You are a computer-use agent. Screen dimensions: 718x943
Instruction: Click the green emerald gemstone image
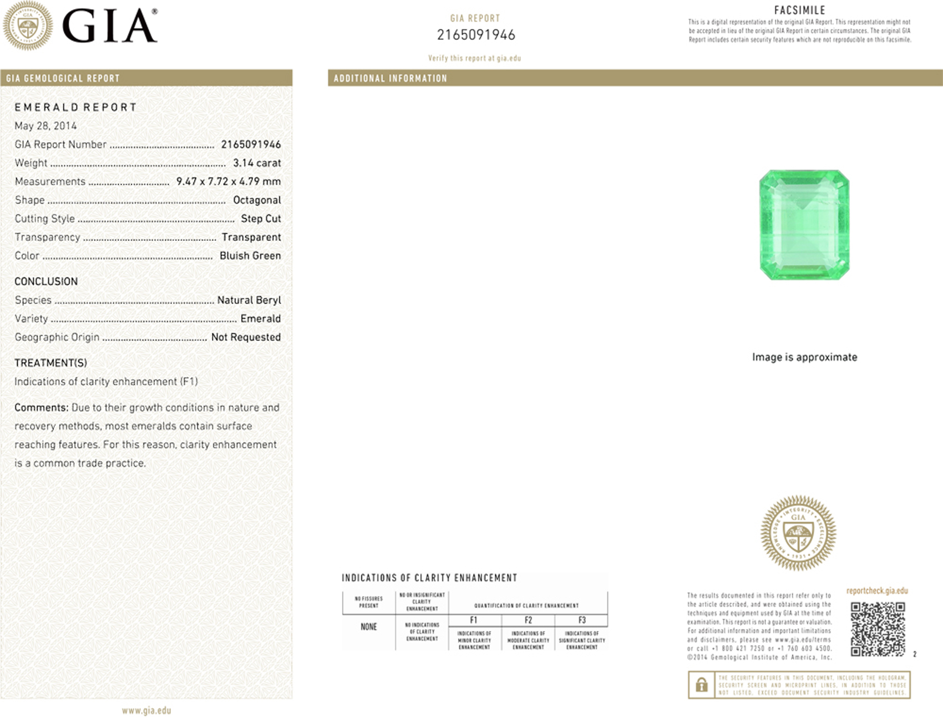(804, 225)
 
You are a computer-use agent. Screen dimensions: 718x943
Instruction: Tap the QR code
(878, 629)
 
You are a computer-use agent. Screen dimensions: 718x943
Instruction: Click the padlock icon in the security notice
(701, 685)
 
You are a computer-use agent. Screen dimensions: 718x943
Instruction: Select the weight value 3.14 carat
(257, 163)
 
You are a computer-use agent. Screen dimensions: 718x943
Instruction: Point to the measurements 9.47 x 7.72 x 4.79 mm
(229, 181)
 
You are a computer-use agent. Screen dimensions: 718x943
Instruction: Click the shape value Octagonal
(257, 200)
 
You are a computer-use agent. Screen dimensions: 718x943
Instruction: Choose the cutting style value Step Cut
(261, 219)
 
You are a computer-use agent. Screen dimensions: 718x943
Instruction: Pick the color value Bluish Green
(250, 256)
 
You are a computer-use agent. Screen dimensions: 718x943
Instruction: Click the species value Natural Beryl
(249, 300)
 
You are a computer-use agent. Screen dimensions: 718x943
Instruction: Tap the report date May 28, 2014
(45, 125)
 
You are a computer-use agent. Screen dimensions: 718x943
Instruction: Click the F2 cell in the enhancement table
(528, 620)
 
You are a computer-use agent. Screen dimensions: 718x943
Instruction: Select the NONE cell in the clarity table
(368, 627)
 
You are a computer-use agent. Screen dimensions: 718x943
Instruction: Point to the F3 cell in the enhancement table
(582, 620)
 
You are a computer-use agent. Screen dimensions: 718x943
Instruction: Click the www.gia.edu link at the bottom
(146, 710)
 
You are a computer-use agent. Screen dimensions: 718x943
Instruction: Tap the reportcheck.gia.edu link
(877, 590)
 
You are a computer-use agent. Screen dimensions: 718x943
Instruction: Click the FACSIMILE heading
(799, 10)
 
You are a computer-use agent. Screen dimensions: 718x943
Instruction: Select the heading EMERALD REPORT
(75, 107)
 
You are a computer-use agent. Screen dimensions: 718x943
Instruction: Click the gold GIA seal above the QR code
(798, 533)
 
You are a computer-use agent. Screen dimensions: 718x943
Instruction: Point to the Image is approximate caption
(804, 357)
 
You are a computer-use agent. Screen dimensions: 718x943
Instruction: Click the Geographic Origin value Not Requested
(246, 337)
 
